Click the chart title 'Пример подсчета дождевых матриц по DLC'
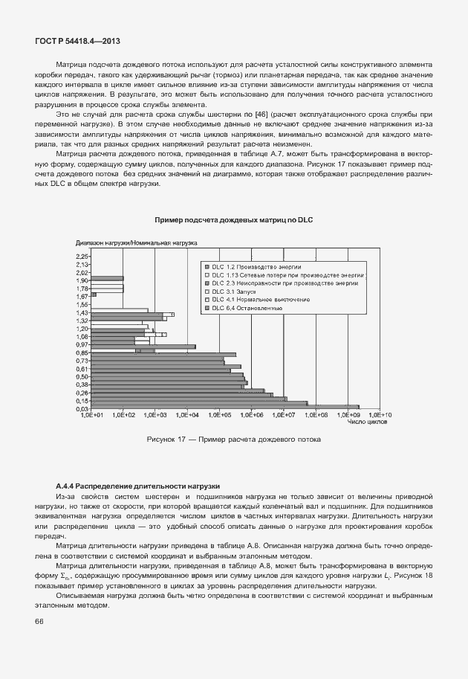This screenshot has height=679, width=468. click(234, 220)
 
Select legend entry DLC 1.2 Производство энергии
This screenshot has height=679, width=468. click(245, 266)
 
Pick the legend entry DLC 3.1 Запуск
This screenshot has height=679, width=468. click(230, 291)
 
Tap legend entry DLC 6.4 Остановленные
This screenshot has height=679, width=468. click(247, 308)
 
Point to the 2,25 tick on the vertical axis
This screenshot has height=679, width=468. click(82, 256)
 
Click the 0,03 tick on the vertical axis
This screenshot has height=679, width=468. click(82, 408)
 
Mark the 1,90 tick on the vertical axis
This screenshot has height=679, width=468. click(82, 280)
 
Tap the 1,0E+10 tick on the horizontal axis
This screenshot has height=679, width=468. click(380, 416)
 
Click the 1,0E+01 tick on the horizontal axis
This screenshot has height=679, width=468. click(91, 416)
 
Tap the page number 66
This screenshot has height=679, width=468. click(39, 621)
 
